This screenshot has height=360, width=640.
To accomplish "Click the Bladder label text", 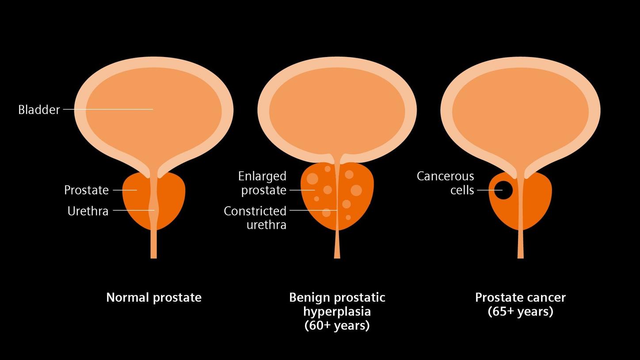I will pyautogui.click(x=39, y=110).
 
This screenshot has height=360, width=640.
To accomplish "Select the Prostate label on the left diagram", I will pyautogui.click(x=86, y=190).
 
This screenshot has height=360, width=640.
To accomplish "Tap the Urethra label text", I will pyautogui.click(x=88, y=211).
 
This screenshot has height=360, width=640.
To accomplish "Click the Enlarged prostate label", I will pyautogui.click(x=263, y=183).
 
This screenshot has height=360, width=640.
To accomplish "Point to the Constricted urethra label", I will pyautogui.click(x=255, y=218).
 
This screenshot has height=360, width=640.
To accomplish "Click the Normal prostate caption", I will pyautogui.click(x=154, y=297).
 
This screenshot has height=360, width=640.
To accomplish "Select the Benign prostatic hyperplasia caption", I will pyautogui.click(x=337, y=304).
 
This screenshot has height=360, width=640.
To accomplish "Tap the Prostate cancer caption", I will pyautogui.click(x=520, y=297).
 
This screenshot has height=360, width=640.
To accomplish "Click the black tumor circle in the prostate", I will pyautogui.click(x=503, y=190).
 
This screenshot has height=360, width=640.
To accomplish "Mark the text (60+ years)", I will pyautogui.click(x=337, y=326).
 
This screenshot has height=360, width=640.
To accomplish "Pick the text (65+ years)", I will pyautogui.click(x=520, y=312).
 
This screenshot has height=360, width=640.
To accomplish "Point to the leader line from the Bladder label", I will pyautogui.click(x=108, y=109).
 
